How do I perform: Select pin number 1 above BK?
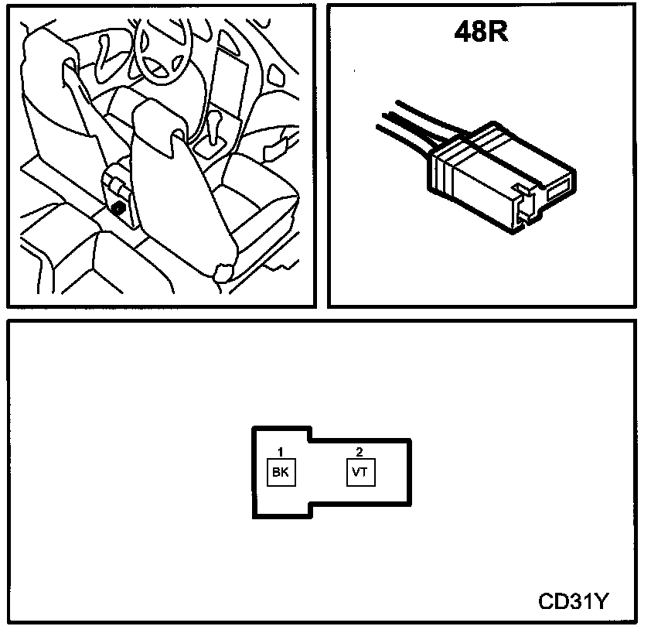[281, 451]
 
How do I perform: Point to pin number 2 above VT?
[359, 451]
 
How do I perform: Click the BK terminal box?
[281, 472]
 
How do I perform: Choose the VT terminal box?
[359, 472]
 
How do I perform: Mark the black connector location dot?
[120, 207]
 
